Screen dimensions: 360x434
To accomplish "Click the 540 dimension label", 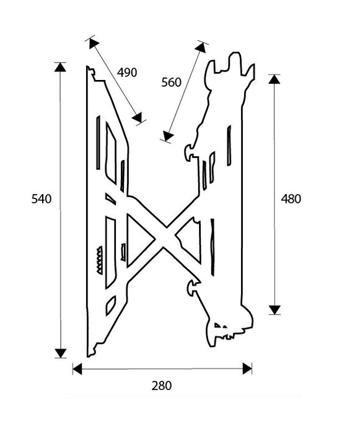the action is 42,199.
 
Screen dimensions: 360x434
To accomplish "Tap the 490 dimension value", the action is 127,73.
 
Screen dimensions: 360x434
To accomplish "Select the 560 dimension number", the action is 171,82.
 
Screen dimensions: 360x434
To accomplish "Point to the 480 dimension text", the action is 291,199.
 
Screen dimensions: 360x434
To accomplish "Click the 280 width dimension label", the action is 162,386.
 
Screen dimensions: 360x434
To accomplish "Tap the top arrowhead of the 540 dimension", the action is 60,67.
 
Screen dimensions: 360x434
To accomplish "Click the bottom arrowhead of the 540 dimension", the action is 60,353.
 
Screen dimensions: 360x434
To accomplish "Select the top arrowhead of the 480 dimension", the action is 274,79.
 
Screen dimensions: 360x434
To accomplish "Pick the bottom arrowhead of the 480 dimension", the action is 274,310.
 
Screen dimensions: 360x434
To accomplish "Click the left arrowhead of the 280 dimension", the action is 77,369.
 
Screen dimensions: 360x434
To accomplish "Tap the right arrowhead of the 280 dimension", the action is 247,369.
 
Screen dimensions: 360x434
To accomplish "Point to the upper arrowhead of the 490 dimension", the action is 94,43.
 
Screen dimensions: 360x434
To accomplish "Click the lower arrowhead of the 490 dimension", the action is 138,118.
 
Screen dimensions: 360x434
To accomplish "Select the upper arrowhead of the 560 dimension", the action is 201,47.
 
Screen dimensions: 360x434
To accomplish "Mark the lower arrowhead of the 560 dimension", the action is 168,136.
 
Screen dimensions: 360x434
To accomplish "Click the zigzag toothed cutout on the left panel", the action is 99,260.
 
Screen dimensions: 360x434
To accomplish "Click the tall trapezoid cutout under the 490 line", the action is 111,153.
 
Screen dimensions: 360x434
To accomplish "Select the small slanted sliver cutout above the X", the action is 110,199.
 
